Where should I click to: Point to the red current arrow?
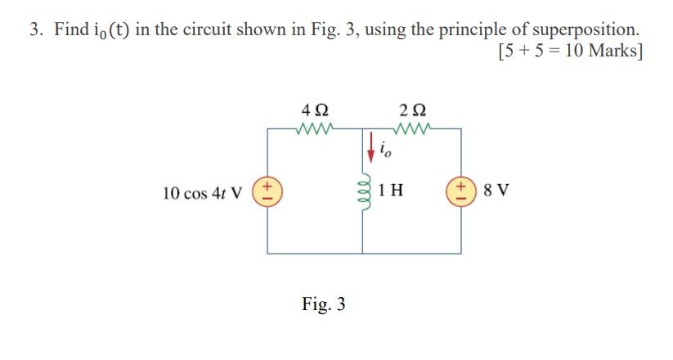[373, 146]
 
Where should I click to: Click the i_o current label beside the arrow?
[387, 149]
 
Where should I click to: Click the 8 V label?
[496, 192]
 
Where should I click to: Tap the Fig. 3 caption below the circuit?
[323, 304]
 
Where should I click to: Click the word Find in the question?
[71, 30]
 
